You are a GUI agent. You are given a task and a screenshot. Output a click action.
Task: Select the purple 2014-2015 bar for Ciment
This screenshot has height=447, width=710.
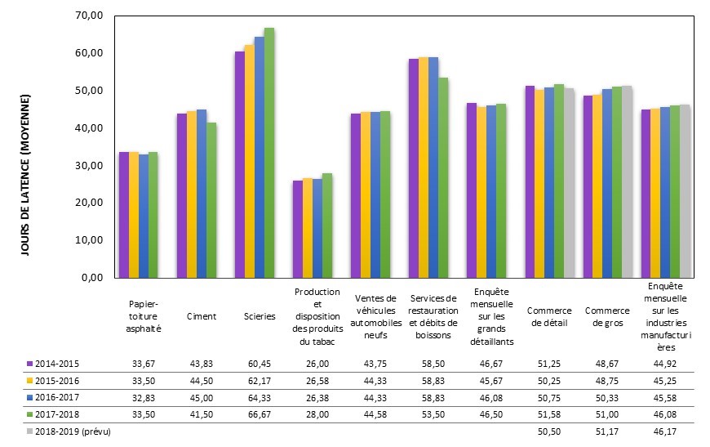click(180, 196)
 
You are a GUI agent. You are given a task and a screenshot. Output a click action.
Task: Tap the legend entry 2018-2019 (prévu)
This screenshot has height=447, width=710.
click(69, 431)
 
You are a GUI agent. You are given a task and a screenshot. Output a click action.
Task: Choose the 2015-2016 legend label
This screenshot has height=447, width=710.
click(57, 381)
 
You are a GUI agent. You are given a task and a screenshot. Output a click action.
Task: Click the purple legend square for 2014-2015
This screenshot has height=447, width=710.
click(29, 364)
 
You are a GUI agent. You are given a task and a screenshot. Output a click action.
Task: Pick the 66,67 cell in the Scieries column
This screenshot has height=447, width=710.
click(260, 415)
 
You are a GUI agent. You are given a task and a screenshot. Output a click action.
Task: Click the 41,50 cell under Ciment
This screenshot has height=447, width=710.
click(202, 415)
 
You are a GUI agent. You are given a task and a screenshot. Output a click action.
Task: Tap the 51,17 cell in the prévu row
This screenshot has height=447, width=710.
click(607, 431)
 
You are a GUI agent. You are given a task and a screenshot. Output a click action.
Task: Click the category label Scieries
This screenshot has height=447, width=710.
click(260, 316)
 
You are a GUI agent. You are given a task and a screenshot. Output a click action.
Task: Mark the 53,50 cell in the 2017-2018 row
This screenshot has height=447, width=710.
click(433, 415)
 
